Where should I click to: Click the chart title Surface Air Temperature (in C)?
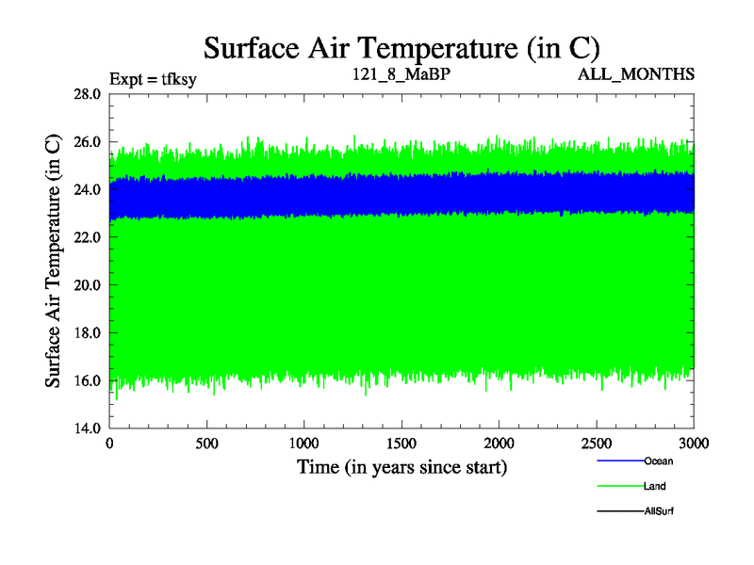pos(402,47)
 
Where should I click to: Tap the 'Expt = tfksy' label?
pos(153,78)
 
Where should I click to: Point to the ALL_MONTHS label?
pos(636,73)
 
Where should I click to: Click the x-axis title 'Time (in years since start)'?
pos(402,467)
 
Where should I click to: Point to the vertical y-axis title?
pos(55,261)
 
